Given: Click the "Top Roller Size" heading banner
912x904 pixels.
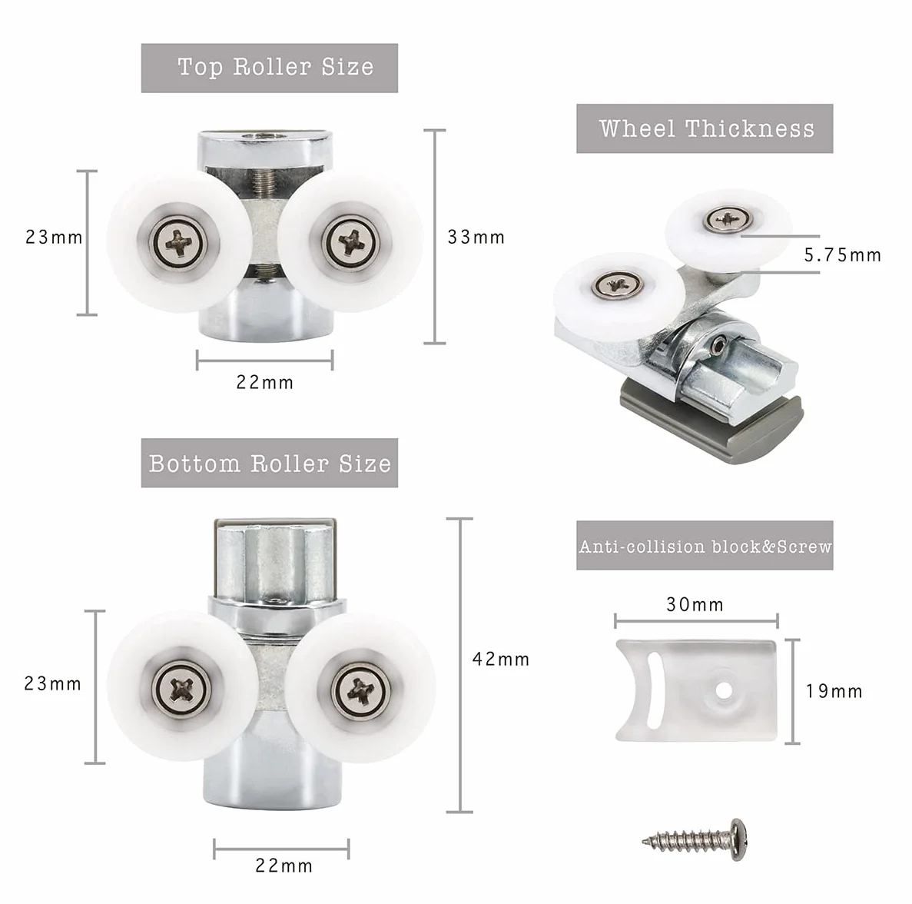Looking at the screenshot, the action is coord(269,68).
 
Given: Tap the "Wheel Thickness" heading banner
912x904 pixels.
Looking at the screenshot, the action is coord(705,128).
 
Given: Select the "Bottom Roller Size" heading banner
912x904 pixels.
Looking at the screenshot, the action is coord(269,463).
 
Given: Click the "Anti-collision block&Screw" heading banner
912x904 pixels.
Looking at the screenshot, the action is coord(705,546).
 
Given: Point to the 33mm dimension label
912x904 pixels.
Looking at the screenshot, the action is coord(476,238).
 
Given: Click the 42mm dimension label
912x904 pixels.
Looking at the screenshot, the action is coord(501,660).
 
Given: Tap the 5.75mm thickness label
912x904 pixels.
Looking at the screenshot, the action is coord(843,255).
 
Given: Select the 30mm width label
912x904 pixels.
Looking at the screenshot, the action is coord(695,605).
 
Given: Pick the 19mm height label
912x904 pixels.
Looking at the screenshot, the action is coord(834,692).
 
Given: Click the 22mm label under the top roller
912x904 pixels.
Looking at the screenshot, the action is coord(264,383).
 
